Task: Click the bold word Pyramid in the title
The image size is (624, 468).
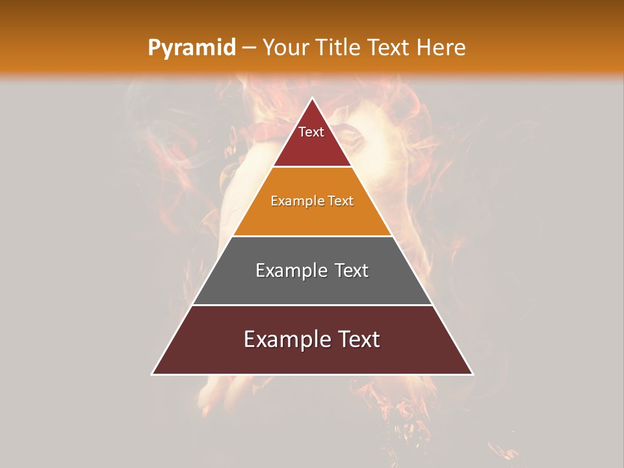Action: [x=191, y=48]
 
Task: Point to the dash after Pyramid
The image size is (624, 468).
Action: [x=249, y=48]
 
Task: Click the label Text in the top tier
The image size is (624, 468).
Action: [x=311, y=132]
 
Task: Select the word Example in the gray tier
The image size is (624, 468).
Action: [x=291, y=270]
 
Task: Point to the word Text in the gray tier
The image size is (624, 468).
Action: [x=351, y=270]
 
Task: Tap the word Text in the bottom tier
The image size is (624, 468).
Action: [x=359, y=339]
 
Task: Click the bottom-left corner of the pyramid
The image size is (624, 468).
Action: [x=153, y=374]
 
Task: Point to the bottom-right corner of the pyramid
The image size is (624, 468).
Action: [x=473, y=374]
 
